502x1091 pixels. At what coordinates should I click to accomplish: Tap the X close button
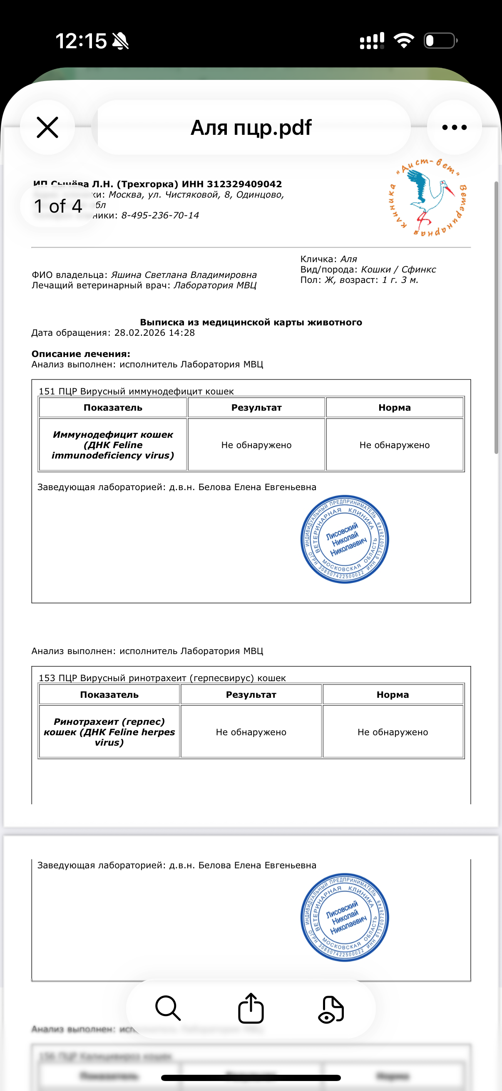coord(47,127)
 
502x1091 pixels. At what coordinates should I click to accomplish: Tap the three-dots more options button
coord(454,127)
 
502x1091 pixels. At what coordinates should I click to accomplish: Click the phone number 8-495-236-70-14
coord(160,216)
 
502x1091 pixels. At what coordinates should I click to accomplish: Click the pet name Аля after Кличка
coord(349,259)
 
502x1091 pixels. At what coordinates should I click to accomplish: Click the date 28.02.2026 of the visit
coord(140,333)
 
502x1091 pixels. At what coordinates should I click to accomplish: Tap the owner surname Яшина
coord(126,275)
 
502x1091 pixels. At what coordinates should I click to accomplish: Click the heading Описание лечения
coord(80,354)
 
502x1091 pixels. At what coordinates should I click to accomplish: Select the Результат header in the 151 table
coord(256,408)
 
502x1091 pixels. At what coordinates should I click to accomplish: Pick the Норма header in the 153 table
coord(393,694)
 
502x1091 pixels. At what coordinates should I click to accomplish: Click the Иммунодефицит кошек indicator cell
coord(113,445)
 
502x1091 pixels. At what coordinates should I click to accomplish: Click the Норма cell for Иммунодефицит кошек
coord(394,445)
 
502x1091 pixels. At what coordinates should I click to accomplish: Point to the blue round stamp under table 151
coord(344,539)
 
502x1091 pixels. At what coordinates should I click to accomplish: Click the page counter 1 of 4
coord(58,206)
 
